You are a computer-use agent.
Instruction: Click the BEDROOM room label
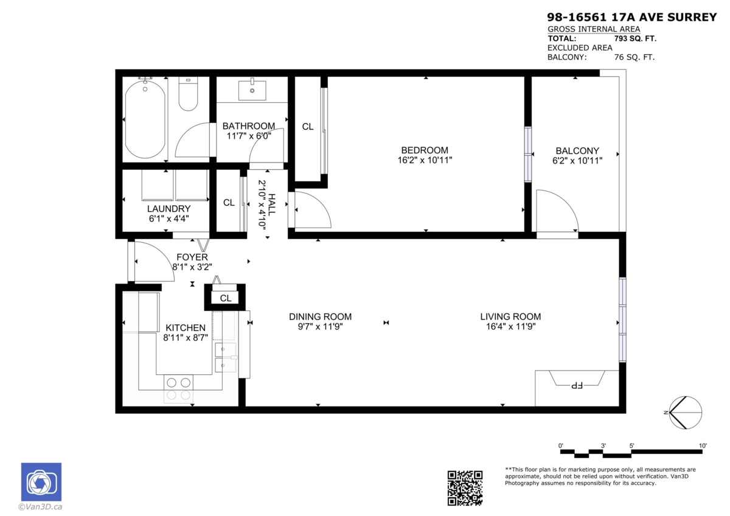(424, 150)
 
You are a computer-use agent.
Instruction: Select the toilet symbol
(188, 96)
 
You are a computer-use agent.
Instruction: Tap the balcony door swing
(555, 212)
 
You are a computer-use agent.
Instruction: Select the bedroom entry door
(311, 209)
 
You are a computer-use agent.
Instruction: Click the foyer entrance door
(152, 262)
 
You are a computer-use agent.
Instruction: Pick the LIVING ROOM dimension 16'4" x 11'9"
(510, 327)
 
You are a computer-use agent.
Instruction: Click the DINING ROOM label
(320, 316)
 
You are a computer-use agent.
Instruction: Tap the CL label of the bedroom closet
(308, 127)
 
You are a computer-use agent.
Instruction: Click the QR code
(465, 487)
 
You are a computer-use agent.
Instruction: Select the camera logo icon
(41, 483)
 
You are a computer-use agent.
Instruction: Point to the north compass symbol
(685, 413)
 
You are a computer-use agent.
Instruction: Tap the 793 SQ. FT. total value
(636, 38)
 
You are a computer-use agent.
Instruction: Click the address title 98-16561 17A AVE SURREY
(632, 18)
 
